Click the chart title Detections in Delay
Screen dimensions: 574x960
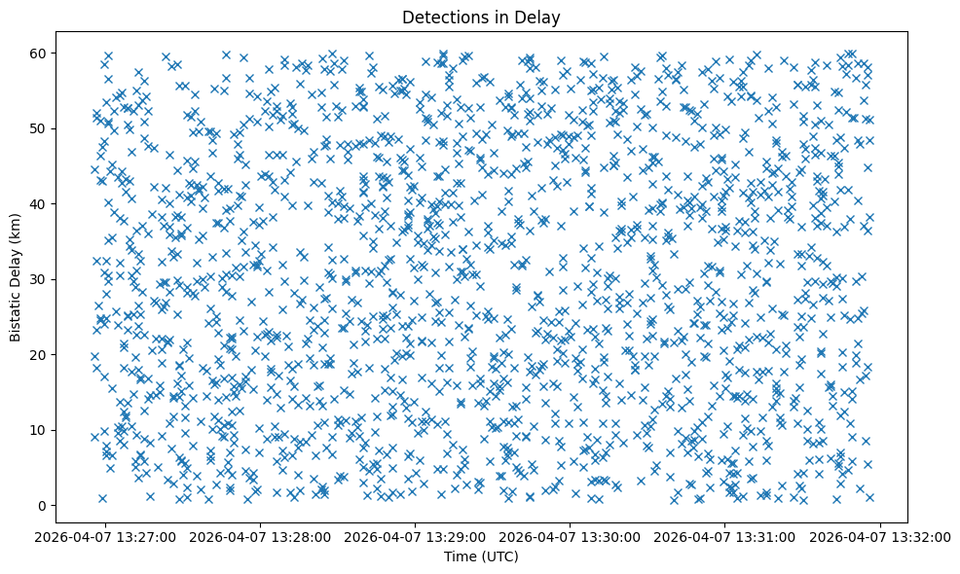coord(481,17)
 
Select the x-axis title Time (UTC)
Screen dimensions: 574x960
coord(481,556)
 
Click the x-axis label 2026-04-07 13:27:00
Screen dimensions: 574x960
coord(106,537)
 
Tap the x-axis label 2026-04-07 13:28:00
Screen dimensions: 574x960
coord(261,537)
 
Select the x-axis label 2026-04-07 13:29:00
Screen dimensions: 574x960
coord(416,537)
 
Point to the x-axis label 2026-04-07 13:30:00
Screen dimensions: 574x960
coord(571,537)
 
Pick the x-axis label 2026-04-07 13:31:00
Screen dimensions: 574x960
coord(725,537)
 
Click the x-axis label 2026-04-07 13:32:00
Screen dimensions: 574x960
coord(880,537)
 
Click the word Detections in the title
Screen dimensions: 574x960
coord(443,17)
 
